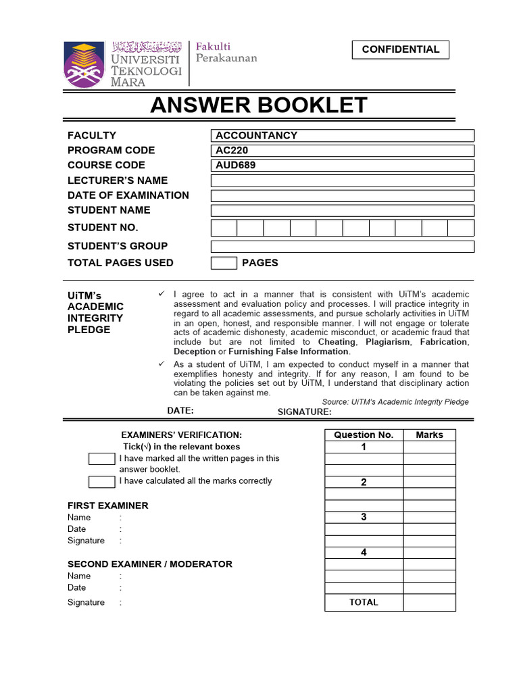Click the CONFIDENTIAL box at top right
(400, 49)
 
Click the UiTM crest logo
(84, 65)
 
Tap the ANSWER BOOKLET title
(259, 105)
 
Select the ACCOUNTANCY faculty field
(342, 135)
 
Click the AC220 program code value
(342, 150)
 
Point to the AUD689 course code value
(342, 166)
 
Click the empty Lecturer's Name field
(342, 180)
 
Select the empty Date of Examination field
(342, 195)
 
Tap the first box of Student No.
(224, 228)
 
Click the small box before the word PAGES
(224, 263)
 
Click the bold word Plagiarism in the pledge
(389, 342)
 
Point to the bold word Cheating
(337, 342)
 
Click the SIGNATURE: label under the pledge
(305, 412)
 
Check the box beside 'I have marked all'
(102, 459)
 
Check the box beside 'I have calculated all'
(102, 482)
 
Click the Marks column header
(429, 435)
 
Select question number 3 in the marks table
(364, 517)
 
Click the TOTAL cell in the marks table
(364, 602)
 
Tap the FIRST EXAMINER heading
(107, 505)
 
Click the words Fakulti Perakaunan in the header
(226, 52)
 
